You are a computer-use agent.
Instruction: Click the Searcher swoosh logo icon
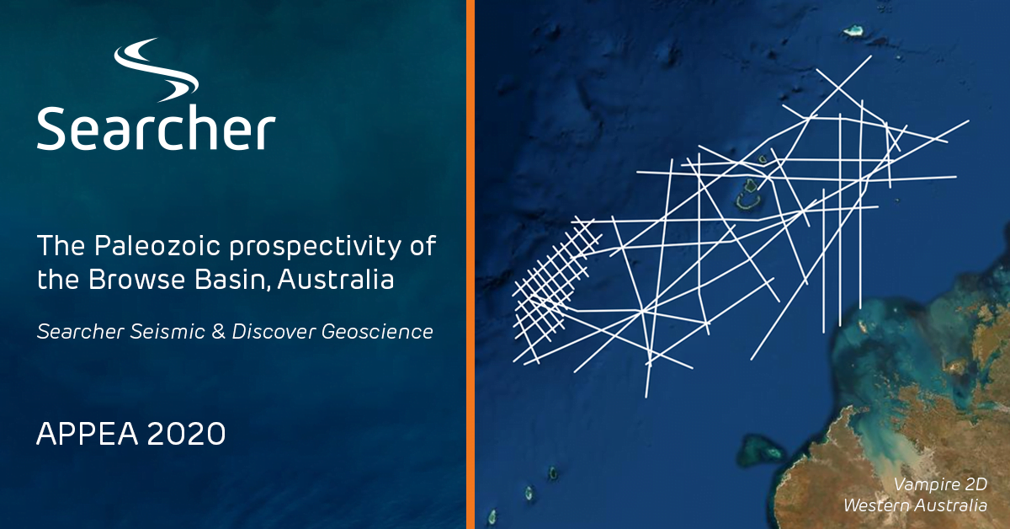pos(157,71)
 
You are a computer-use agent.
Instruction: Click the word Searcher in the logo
pos(156,129)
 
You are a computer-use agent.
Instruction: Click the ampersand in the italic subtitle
pos(217,331)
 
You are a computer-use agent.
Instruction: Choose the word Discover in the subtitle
pos(274,331)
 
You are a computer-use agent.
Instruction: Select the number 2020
pos(185,433)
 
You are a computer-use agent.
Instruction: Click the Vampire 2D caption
pos(939,486)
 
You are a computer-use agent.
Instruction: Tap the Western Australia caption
pos(916,505)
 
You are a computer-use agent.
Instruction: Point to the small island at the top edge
pos(856,30)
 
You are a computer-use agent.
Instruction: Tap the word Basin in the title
pos(222,279)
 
